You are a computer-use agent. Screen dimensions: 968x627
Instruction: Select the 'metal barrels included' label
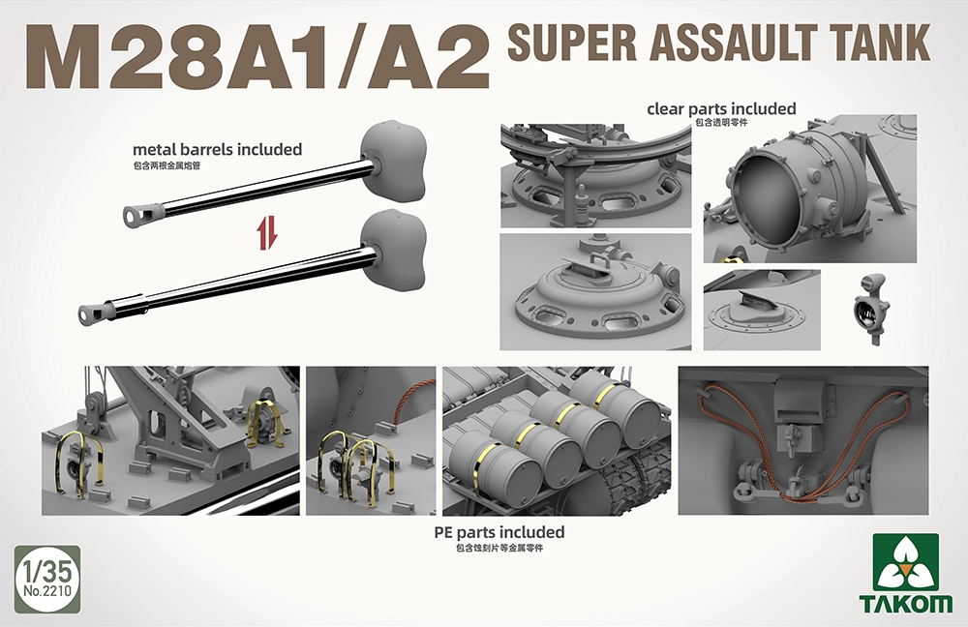(x=217, y=149)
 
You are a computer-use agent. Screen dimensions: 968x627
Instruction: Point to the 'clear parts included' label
(x=722, y=108)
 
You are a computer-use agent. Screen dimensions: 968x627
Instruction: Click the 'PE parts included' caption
(x=499, y=532)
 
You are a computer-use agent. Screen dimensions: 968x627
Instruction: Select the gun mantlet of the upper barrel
(x=393, y=162)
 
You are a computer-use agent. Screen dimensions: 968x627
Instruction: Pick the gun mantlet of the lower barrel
(x=393, y=252)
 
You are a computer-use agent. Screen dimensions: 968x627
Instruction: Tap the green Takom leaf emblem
(x=905, y=562)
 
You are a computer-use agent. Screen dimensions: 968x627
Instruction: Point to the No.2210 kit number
(x=46, y=591)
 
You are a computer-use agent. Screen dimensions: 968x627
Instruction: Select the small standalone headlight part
(x=869, y=309)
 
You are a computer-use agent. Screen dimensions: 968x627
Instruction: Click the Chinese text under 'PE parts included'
(x=499, y=548)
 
